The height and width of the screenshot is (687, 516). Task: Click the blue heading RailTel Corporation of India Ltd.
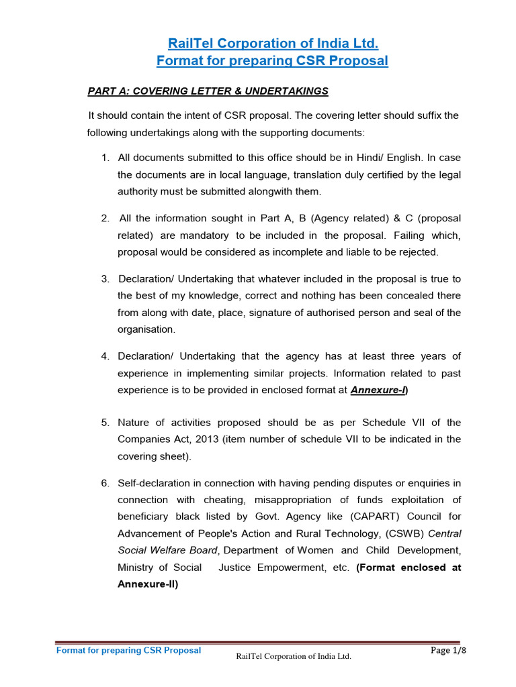(x=273, y=44)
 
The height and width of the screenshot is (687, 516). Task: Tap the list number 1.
(x=105, y=158)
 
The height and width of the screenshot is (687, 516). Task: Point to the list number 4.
(x=105, y=356)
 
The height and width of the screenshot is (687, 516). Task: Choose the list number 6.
(x=105, y=483)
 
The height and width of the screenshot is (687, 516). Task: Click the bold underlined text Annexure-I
(x=379, y=389)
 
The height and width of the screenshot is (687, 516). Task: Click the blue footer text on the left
(x=128, y=650)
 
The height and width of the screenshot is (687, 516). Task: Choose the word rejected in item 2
(x=417, y=252)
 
